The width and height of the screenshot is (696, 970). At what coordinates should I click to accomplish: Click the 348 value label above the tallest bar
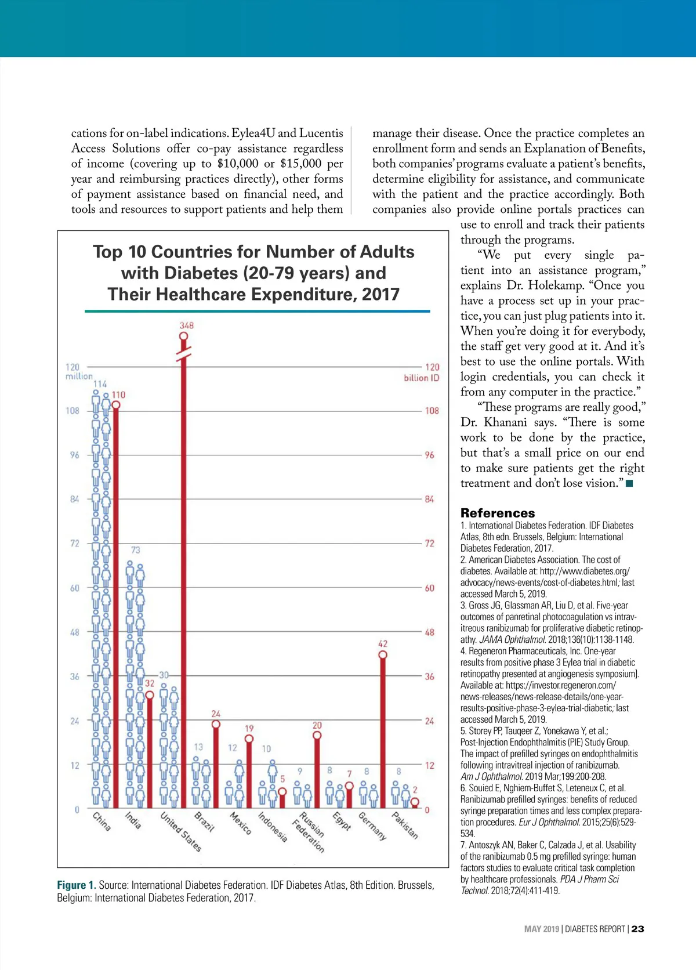click(x=186, y=325)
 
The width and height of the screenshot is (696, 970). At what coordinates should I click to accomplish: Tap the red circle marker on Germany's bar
click(x=383, y=655)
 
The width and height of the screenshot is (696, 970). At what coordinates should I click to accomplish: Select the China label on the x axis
click(x=101, y=821)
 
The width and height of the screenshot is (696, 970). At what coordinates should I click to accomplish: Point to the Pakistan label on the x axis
click(x=405, y=825)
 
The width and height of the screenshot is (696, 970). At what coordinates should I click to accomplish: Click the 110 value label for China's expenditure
click(x=118, y=394)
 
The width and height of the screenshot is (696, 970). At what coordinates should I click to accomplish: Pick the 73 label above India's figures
click(x=135, y=550)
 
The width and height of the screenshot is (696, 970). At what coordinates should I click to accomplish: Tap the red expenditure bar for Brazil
click(x=216, y=766)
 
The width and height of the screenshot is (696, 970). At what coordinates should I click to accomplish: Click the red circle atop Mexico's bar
click(x=249, y=739)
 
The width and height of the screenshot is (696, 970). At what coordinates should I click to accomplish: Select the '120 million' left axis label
click(x=78, y=371)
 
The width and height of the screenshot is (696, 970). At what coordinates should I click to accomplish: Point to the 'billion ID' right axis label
click(x=422, y=378)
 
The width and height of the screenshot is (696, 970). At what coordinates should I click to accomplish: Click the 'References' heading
click(x=498, y=513)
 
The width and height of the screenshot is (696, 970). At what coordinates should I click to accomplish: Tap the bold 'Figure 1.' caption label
click(x=77, y=885)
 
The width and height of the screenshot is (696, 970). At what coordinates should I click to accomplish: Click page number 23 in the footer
click(x=637, y=929)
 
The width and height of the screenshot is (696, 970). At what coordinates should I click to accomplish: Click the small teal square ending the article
click(x=629, y=483)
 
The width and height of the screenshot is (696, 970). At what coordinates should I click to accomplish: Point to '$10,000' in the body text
click(x=238, y=164)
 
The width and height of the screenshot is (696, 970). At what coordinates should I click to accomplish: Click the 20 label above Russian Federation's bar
click(x=317, y=725)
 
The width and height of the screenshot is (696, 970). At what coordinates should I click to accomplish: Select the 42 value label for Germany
click(x=383, y=643)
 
